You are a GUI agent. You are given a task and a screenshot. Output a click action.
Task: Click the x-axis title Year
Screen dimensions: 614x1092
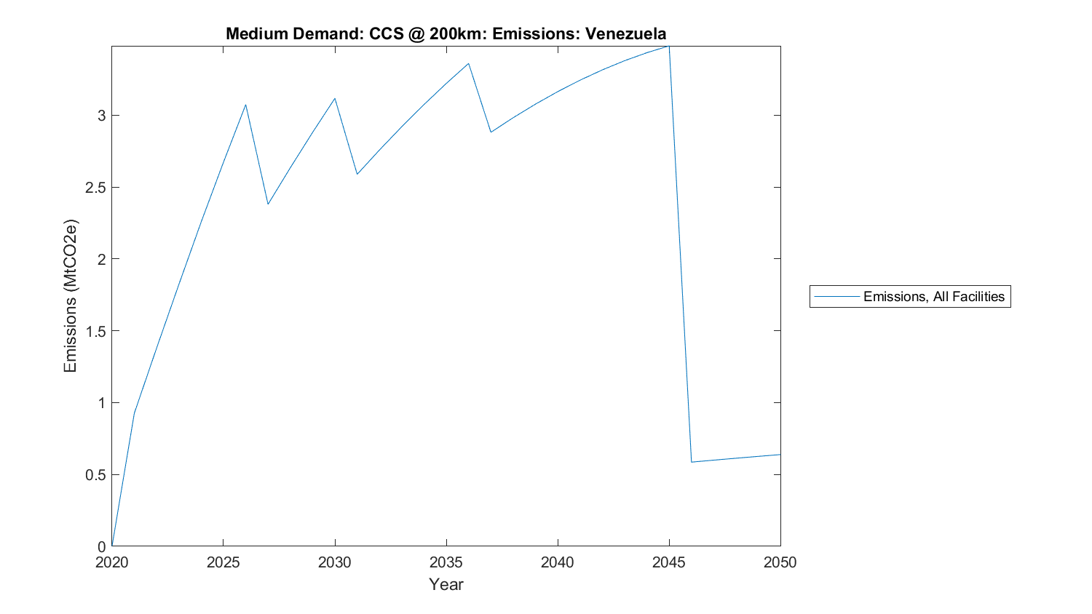446,584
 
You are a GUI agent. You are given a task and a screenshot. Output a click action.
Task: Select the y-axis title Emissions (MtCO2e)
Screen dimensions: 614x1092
70,295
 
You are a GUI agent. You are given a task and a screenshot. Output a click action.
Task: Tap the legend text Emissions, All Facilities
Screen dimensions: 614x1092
933,297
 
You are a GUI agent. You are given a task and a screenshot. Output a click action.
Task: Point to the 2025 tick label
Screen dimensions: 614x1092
223,562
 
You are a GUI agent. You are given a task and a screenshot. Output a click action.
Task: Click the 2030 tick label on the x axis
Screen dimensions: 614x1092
334,562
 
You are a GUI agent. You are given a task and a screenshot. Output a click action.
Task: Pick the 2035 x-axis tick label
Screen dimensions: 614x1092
446,562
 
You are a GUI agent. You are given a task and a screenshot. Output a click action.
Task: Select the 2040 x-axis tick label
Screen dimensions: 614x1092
557,562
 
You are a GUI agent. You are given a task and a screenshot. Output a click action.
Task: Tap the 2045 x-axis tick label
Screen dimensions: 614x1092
668,562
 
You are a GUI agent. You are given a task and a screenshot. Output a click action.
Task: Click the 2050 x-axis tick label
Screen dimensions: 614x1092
780,562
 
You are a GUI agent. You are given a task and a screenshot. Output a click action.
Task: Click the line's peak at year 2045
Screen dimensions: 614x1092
668,46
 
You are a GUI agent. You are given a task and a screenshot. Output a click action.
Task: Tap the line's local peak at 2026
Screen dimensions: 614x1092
245,105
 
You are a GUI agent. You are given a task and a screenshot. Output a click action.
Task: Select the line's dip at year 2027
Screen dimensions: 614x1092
268,204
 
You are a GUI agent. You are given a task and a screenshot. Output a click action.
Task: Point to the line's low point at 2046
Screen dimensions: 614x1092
691,462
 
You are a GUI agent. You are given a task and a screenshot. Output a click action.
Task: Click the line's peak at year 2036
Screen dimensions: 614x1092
468,63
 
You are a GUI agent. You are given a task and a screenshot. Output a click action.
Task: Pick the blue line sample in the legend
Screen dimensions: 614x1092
837,297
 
